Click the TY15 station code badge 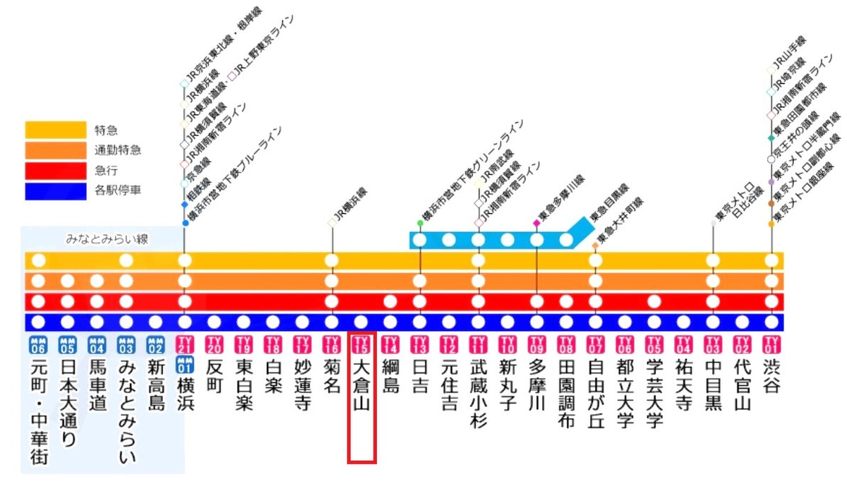361,344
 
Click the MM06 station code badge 38,344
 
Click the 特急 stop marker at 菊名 332,260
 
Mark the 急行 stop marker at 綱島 390,302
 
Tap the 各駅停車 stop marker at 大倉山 361,322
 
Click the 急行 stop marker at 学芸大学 654,302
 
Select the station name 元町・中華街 38,413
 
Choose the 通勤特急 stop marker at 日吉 420,282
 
